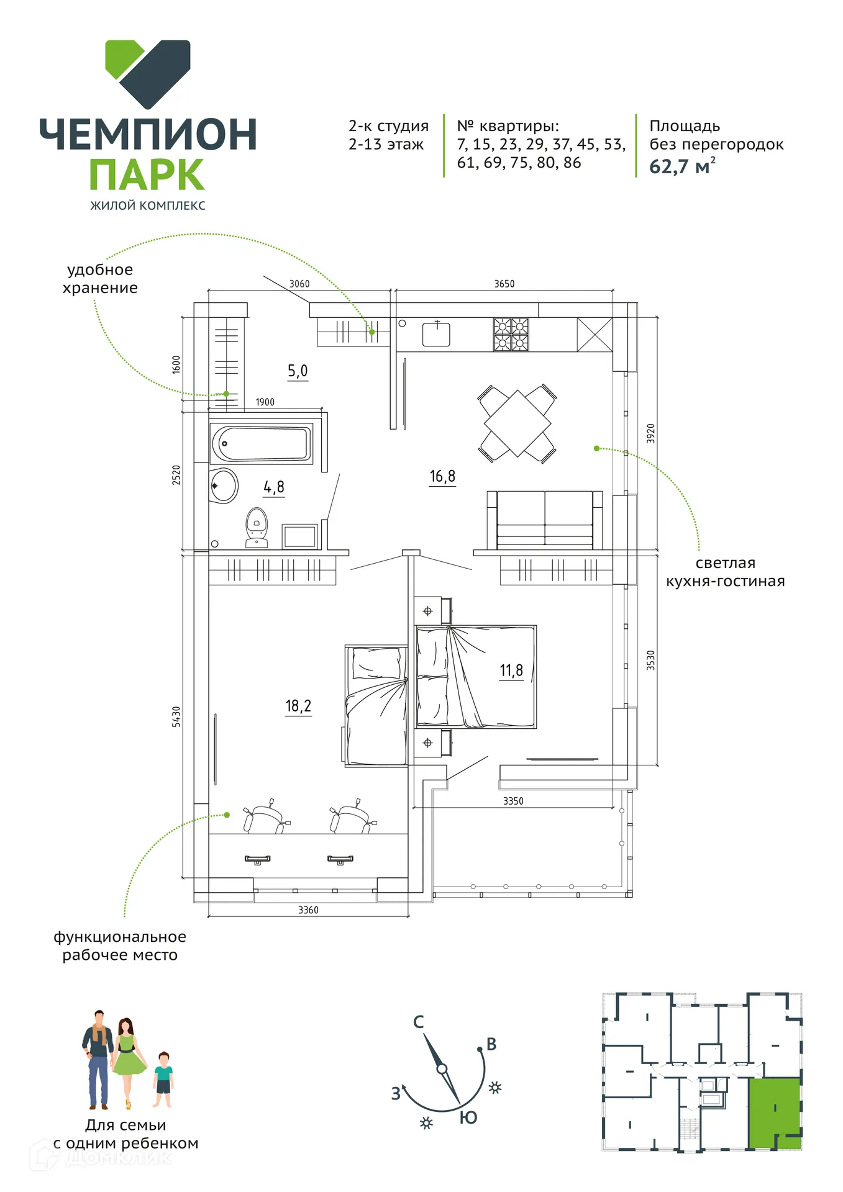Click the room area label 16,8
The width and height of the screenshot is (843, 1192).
point(442,476)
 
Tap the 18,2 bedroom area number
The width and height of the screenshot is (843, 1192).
point(298,706)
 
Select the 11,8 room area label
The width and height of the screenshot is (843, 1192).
point(511,670)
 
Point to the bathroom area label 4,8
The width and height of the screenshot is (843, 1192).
point(274,487)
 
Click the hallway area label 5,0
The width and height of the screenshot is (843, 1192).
point(298,371)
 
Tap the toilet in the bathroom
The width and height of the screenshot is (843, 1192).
point(257,528)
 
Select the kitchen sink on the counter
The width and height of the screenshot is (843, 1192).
point(436,334)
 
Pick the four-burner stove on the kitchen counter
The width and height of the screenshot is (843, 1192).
point(511,335)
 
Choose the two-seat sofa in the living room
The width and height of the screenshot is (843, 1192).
point(545,520)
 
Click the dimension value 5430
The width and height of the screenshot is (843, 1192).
point(176,716)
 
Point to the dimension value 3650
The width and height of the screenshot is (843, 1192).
point(504,284)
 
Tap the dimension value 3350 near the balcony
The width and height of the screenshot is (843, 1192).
point(513,801)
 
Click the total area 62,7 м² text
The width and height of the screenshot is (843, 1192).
point(682,166)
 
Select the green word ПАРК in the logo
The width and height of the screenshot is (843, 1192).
point(147,174)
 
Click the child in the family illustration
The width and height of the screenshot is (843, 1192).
point(163,1080)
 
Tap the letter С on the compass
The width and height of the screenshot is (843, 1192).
point(419,1022)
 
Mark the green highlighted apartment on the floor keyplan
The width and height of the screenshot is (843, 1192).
point(774,1114)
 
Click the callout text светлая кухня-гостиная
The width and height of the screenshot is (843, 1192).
point(725,572)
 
